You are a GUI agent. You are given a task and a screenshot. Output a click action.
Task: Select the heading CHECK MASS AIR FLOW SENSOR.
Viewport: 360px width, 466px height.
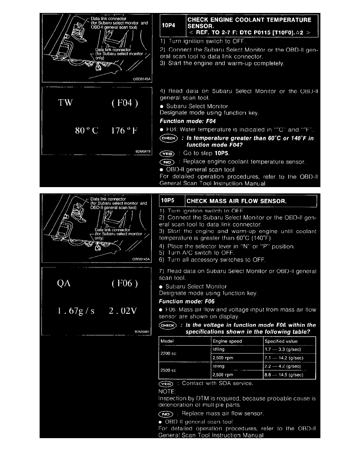coord(236,201)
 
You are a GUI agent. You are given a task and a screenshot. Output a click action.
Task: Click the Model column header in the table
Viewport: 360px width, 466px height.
coord(167,341)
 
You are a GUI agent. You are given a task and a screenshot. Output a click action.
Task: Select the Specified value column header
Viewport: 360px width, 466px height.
coord(279,341)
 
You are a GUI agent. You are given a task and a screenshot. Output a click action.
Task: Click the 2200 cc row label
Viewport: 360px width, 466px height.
coord(169,353)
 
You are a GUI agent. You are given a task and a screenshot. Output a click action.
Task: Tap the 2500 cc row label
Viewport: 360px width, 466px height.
coord(169,370)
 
